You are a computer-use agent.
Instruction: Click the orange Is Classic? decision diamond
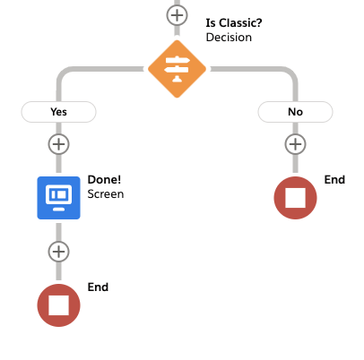pos(177,69)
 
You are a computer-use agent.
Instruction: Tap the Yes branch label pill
pos(58,112)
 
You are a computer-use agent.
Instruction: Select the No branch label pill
pos(295,112)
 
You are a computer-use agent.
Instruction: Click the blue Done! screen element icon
pos(58,198)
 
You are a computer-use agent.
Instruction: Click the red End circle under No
pos(295,198)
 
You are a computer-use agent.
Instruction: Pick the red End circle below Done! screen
pos(58,305)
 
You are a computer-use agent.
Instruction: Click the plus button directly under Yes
pos(58,144)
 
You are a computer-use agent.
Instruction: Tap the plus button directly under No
pos(295,144)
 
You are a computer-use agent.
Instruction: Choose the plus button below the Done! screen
pos(58,252)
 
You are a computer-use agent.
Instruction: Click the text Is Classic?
pos(234,23)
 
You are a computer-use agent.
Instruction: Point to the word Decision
pos(229,38)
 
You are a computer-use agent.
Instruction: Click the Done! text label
pos(104,179)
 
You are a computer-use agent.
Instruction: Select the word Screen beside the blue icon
pos(106,194)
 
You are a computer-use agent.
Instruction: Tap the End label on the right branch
pos(334,180)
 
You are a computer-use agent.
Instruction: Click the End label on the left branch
pos(98,287)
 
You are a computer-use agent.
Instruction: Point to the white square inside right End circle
pos(295,198)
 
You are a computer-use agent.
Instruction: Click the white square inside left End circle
pos(58,305)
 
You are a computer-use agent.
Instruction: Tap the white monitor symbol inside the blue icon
pos(58,198)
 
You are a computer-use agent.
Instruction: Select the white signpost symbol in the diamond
pos(177,69)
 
